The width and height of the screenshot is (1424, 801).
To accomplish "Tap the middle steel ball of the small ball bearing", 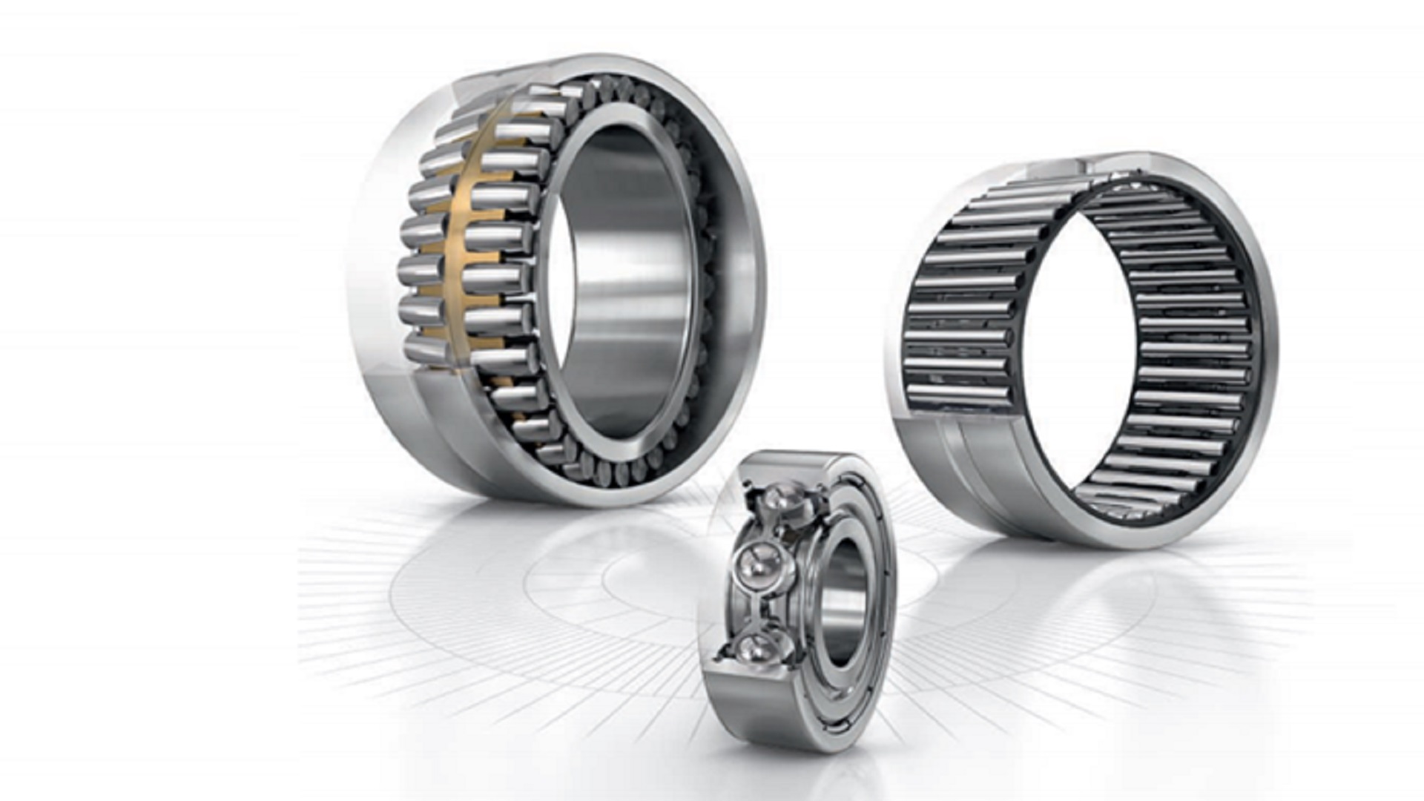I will point(756,567).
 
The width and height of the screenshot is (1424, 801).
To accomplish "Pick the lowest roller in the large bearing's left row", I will point(426,349).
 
